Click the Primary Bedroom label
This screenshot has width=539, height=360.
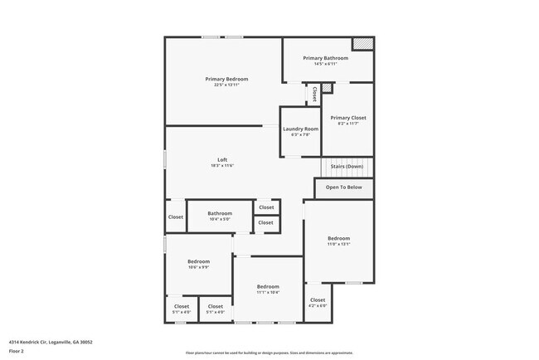click(x=226, y=79)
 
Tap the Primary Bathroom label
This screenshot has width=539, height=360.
click(x=325, y=58)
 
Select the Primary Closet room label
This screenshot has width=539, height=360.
click(x=347, y=118)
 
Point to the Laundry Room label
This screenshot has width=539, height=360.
click(x=300, y=129)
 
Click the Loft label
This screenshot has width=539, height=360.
click(x=222, y=159)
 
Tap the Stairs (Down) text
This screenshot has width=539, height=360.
click(x=347, y=167)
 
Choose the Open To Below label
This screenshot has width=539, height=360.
click(x=343, y=187)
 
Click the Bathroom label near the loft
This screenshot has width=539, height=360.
click(x=220, y=213)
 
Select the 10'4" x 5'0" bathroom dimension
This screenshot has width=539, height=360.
click(x=220, y=219)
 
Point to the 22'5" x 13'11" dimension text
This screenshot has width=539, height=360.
click(x=226, y=85)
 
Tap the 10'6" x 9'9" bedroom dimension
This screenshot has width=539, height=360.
click(x=198, y=267)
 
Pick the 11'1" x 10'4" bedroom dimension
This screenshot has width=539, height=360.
click(x=268, y=292)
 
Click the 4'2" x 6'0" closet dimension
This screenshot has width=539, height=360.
click(x=318, y=305)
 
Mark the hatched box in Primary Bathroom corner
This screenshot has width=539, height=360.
click(x=362, y=44)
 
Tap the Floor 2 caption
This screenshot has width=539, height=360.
click(x=17, y=352)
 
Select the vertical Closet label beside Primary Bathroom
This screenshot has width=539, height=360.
click(x=314, y=95)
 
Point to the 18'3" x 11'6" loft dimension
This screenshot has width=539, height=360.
click(x=222, y=166)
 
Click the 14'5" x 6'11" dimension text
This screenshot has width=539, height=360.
click(x=325, y=64)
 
